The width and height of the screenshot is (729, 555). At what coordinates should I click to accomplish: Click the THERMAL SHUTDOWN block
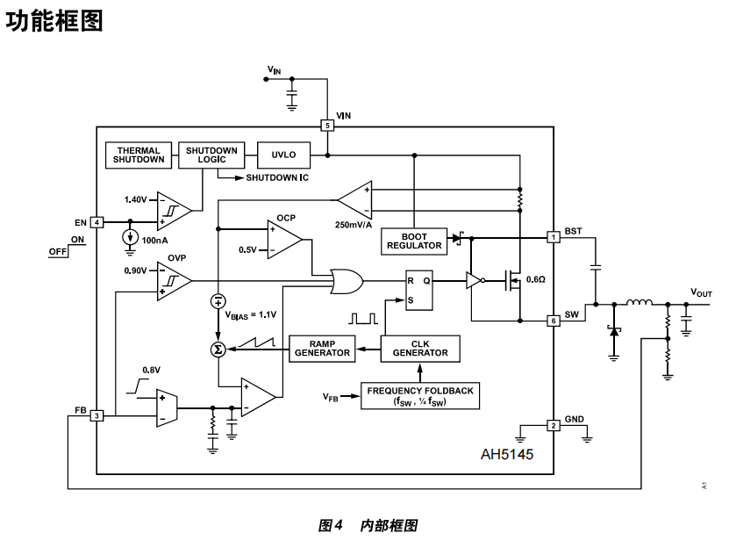(139, 155)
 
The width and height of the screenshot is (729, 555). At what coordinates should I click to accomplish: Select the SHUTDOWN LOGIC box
(211, 155)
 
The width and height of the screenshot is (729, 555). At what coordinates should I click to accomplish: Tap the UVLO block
(284, 155)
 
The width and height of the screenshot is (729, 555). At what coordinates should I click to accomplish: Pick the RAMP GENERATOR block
(322, 347)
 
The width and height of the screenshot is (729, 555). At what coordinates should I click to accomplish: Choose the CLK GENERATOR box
(419, 347)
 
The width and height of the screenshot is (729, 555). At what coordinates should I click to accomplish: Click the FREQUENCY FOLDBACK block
(421, 396)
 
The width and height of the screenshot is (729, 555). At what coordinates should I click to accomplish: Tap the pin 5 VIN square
(327, 126)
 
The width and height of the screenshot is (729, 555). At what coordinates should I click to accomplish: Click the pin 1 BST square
(554, 237)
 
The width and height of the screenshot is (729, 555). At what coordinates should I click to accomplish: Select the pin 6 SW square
(554, 321)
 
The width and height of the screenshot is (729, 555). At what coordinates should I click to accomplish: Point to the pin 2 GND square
(554, 426)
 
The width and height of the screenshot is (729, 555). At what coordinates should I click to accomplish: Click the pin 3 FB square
(97, 415)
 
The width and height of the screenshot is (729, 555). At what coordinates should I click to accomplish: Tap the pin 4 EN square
(97, 222)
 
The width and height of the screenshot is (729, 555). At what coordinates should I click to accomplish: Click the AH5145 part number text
(507, 455)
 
